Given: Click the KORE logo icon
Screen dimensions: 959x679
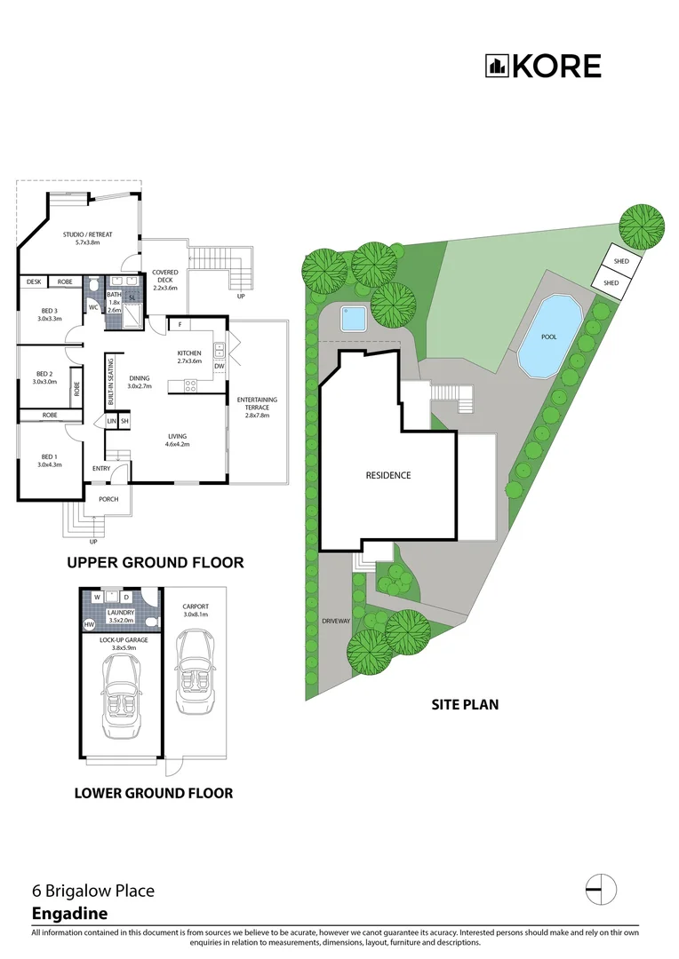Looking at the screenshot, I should (496, 66).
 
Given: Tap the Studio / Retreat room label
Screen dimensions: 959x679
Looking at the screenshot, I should (87, 238).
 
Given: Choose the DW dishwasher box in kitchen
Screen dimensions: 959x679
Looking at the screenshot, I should (219, 366).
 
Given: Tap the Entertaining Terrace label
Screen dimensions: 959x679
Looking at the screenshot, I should (257, 403).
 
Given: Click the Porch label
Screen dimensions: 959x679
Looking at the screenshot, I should (108, 499).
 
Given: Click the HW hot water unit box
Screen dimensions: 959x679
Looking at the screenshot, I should (88, 625).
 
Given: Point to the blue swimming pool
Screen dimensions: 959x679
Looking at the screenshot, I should (548, 336).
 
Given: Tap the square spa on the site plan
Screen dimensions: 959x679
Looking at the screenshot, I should (353, 316).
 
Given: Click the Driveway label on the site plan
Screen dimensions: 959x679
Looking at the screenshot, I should (336, 622).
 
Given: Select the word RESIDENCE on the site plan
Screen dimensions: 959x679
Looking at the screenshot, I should (388, 475).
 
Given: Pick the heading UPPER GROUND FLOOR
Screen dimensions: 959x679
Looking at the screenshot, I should (156, 563).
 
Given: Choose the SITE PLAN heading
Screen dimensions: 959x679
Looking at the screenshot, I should (465, 704).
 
